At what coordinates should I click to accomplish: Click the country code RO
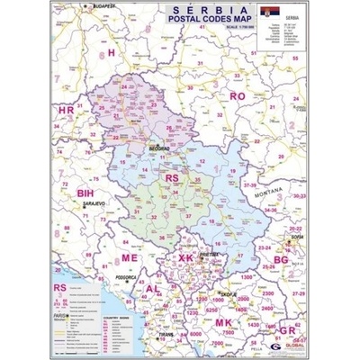[238, 94]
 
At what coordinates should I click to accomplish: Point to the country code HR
[66, 110]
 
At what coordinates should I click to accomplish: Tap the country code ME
[130, 258]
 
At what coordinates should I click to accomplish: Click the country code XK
[185, 258]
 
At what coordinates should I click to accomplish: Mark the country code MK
[223, 321]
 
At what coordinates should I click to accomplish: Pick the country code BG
[282, 259]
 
